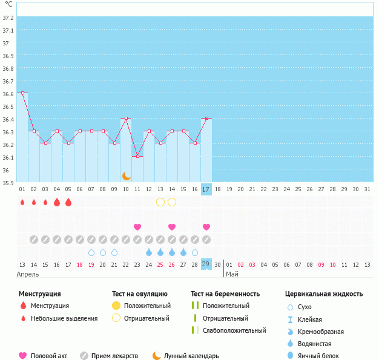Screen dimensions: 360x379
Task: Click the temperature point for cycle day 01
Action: point(22,93)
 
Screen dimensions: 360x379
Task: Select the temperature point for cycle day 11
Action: point(137,157)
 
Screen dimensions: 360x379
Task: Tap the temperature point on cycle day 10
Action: point(126,119)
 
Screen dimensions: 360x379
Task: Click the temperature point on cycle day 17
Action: point(206,119)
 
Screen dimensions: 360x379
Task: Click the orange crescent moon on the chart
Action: point(126,176)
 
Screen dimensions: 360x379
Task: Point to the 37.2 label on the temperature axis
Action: point(8,18)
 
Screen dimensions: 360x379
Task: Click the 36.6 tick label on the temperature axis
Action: point(8,94)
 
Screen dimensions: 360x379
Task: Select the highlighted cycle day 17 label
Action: point(206,189)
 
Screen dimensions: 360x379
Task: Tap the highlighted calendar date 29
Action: point(206,264)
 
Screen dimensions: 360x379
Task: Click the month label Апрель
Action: point(28,274)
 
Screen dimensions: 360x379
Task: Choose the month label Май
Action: point(232,274)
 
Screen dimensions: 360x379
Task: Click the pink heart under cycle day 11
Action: point(137,227)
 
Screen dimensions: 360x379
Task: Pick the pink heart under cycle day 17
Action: point(206,227)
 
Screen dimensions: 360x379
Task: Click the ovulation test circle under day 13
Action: point(160,201)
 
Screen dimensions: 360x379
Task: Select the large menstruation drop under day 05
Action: point(68,202)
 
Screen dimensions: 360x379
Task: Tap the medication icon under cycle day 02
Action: point(34,240)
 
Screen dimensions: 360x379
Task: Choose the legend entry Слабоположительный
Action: point(234,330)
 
